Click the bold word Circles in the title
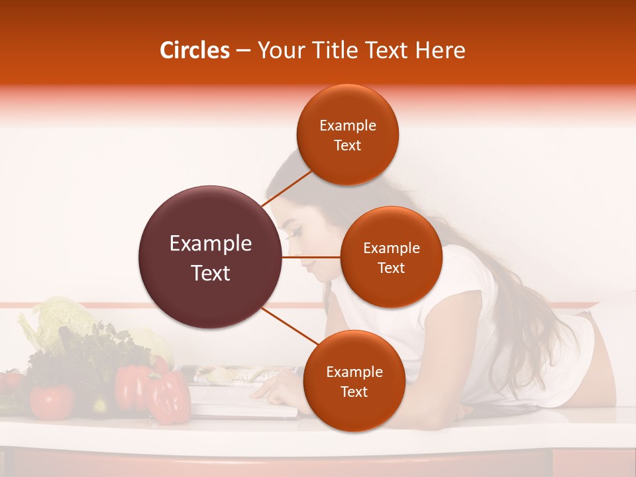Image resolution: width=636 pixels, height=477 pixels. point(195,50)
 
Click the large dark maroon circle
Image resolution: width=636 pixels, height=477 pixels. point(211,257)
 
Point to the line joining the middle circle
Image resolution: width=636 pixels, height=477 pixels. point(311,257)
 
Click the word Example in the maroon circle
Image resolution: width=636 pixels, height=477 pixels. point(211,244)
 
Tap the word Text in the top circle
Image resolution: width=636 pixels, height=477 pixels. point(347,146)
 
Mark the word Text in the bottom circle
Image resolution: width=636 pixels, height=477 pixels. point(354,392)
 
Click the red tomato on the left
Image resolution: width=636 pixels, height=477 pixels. point(51,400)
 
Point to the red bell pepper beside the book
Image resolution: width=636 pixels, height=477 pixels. point(167,397)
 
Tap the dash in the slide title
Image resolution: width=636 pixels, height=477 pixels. point(243,51)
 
